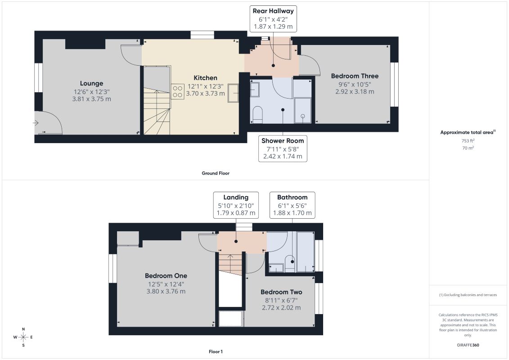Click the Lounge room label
tap(91, 83)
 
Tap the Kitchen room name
tap(206, 78)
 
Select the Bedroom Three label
tap(355, 76)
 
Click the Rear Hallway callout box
tap(273, 18)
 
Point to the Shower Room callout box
tap(283, 148)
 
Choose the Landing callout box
tap(236, 205)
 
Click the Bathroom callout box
tap(293, 205)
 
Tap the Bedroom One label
tap(166, 275)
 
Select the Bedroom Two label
tap(281, 292)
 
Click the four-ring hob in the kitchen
tap(178, 91)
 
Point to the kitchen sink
tap(233, 93)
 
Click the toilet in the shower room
tap(257, 115)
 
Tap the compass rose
tap(23, 337)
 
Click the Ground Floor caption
tap(216, 173)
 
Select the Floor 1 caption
tap(216, 351)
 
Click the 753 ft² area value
tap(468, 140)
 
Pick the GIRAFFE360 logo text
tap(468, 345)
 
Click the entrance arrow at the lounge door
tap(36, 123)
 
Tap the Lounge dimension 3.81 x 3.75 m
tap(91, 99)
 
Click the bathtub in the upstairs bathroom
tap(305, 252)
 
